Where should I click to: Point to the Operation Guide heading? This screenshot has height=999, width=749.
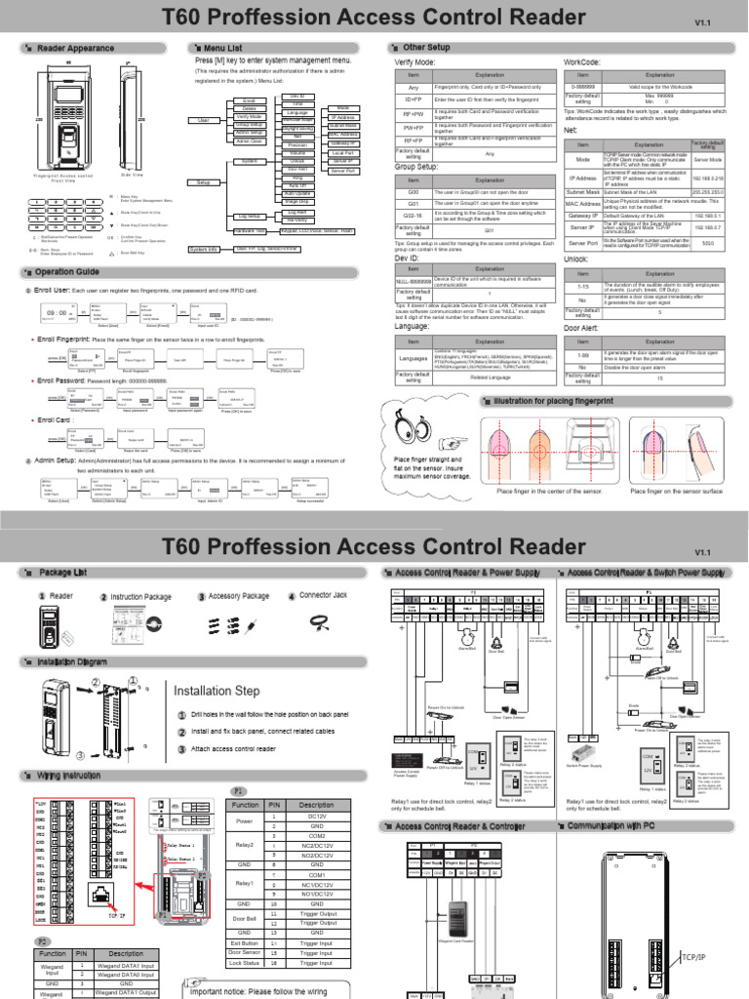coord(66,271)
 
